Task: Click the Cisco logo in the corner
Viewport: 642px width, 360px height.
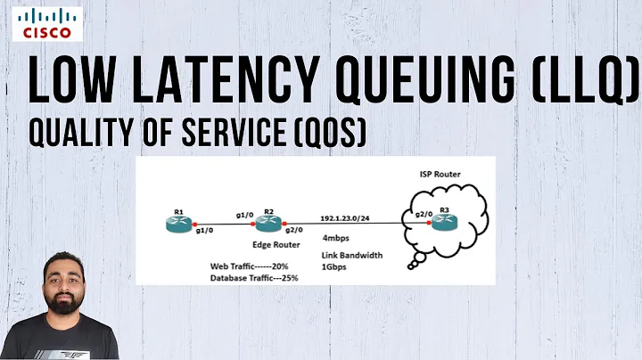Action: (x=43, y=25)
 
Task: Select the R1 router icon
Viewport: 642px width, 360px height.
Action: (x=179, y=223)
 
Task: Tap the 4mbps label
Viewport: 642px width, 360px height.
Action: (x=336, y=238)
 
